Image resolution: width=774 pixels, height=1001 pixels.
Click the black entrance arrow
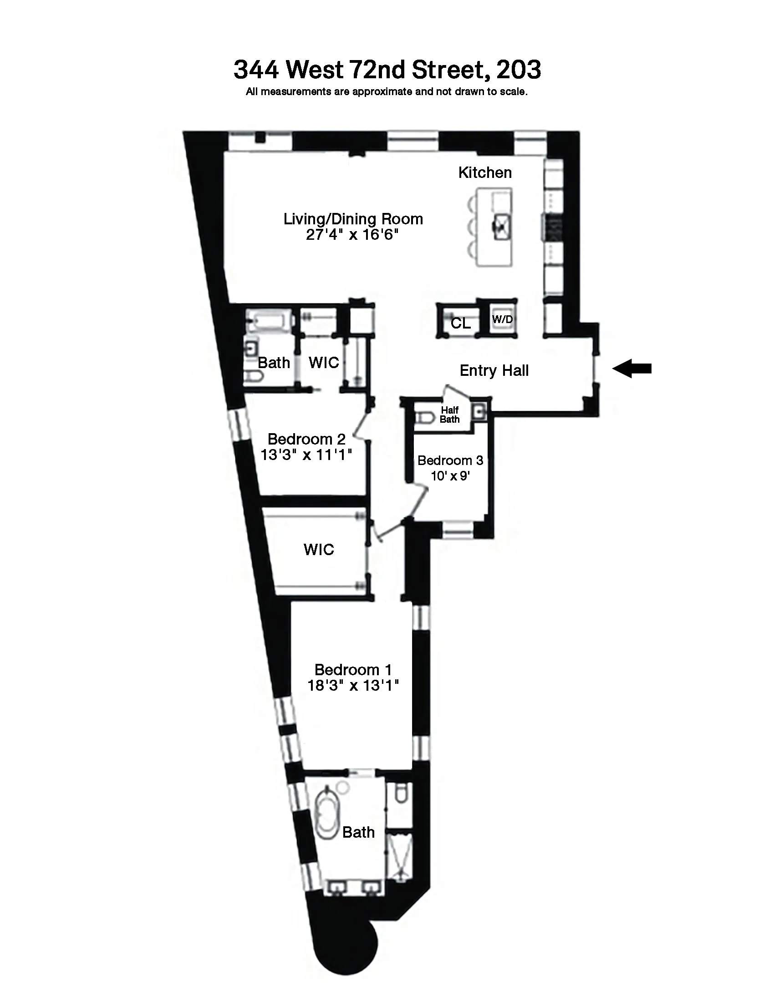click(632, 369)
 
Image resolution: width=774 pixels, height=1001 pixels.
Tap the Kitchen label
click(485, 173)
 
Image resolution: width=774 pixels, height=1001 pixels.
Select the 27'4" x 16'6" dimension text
click(352, 235)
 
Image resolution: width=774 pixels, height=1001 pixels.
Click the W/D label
click(502, 319)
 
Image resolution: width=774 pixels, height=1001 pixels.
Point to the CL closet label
click(460, 324)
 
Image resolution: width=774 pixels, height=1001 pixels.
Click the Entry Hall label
click(494, 370)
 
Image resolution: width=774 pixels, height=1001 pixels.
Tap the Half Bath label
click(449, 415)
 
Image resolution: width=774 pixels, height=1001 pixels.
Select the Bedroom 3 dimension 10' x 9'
click(450, 476)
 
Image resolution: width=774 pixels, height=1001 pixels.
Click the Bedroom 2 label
click(306, 439)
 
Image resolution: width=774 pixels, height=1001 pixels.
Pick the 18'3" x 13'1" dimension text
click(353, 686)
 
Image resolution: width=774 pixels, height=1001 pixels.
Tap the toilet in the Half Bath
click(425, 418)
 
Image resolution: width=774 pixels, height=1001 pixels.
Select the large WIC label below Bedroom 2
click(319, 550)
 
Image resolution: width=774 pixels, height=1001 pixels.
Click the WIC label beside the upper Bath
click(324, 363)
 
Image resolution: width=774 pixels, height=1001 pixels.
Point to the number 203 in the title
click(518, 70)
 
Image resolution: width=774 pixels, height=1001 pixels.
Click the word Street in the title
click(448, 70)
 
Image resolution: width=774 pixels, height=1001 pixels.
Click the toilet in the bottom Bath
click(401, 794)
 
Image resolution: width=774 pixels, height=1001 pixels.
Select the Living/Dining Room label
click(353, 219)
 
